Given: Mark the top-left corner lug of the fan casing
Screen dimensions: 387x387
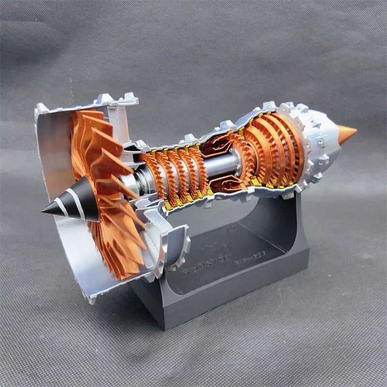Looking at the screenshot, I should coord(41,109).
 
